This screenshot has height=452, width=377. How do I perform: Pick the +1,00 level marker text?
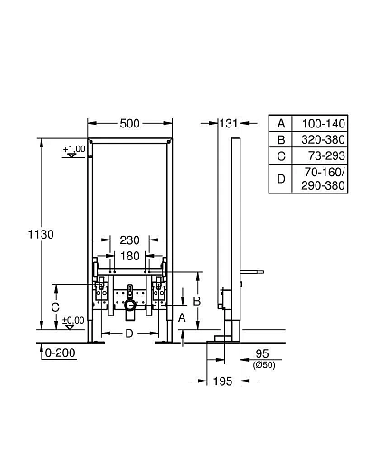[x=75, y=148]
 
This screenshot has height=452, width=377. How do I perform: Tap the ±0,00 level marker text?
[x=74, y=320]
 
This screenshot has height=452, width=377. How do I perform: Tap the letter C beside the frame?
[x=56, y=307]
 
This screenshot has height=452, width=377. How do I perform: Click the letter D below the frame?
[x=129, y=334]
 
